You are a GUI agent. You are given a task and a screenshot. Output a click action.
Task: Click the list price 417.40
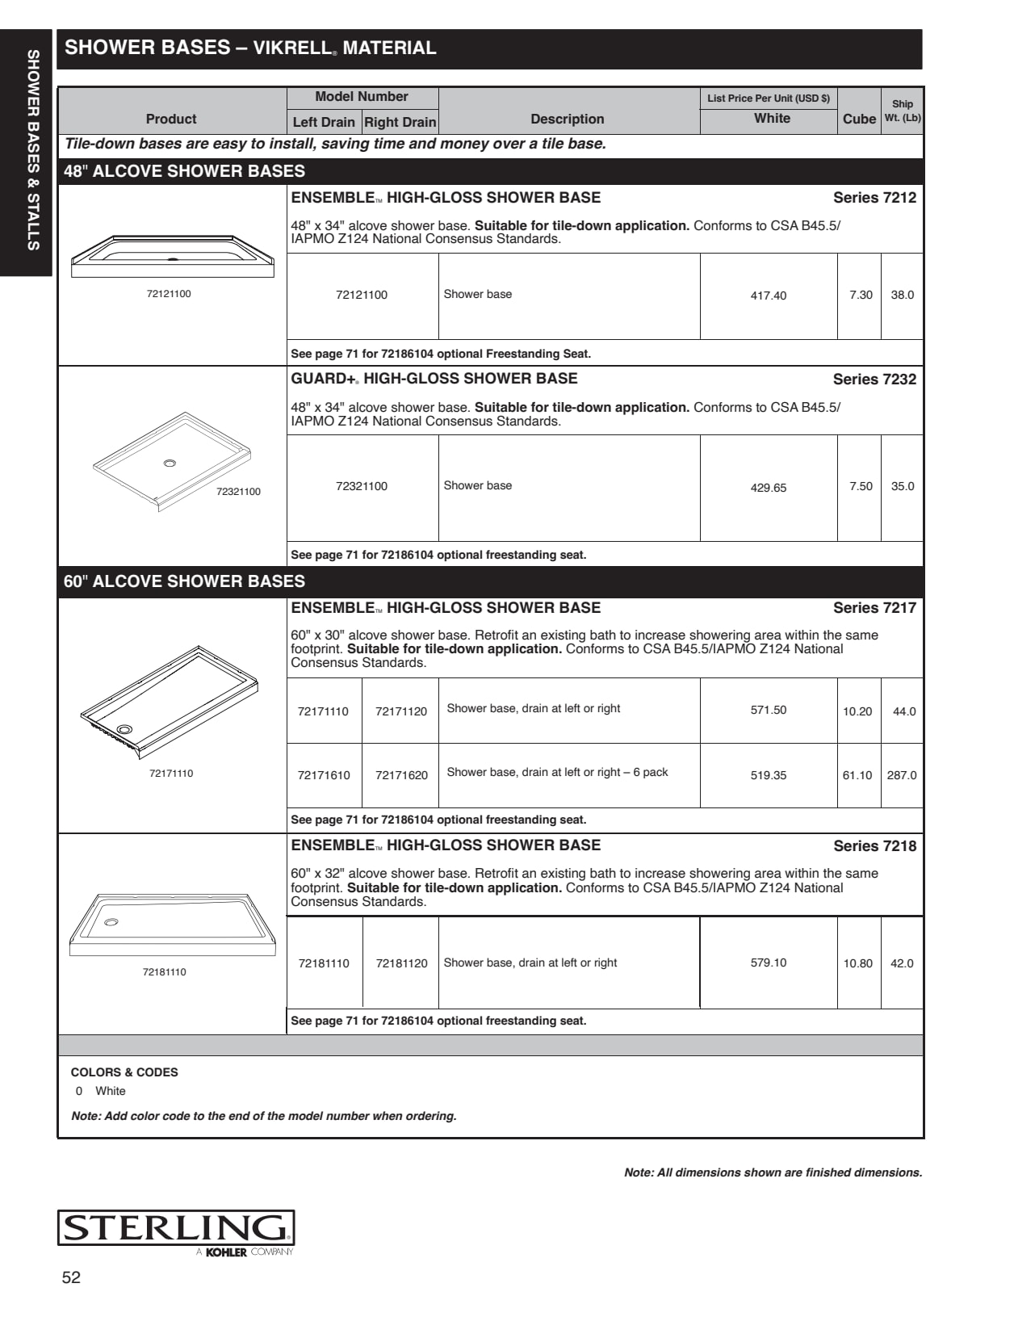[768, 296]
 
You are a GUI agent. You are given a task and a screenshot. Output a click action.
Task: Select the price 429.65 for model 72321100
[768, 488]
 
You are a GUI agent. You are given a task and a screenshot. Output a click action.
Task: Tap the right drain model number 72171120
[401, 711]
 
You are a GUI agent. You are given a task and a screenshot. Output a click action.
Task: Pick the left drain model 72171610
[324, 775]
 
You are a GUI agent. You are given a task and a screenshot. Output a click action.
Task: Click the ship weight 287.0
[902, 775]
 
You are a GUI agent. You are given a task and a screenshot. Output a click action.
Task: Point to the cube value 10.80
[857, 963]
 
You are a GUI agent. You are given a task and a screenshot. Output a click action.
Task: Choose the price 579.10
[768, 963]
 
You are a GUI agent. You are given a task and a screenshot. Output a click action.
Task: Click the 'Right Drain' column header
[400, 122]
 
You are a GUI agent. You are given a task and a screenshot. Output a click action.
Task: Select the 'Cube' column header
[859, 119]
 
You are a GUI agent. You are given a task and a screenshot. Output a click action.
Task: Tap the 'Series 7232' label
[874, 380]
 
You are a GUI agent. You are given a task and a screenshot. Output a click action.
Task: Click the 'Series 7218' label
[874, 846]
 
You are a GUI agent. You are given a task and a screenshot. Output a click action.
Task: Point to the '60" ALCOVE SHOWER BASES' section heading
[184, 581]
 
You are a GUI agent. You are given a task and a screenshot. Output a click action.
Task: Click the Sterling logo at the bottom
[176, 1229]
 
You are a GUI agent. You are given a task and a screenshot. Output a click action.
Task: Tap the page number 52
[71, 1277]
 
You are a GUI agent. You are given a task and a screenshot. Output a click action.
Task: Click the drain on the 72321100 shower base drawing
[170, 463]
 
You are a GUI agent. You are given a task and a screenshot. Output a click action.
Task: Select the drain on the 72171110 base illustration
[124, 729]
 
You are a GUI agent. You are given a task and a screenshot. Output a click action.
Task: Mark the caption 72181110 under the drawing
[164, 972]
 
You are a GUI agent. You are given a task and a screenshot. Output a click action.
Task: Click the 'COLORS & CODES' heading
[124, 1072]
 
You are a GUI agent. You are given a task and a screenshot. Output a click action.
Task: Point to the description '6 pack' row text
[557, 773]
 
